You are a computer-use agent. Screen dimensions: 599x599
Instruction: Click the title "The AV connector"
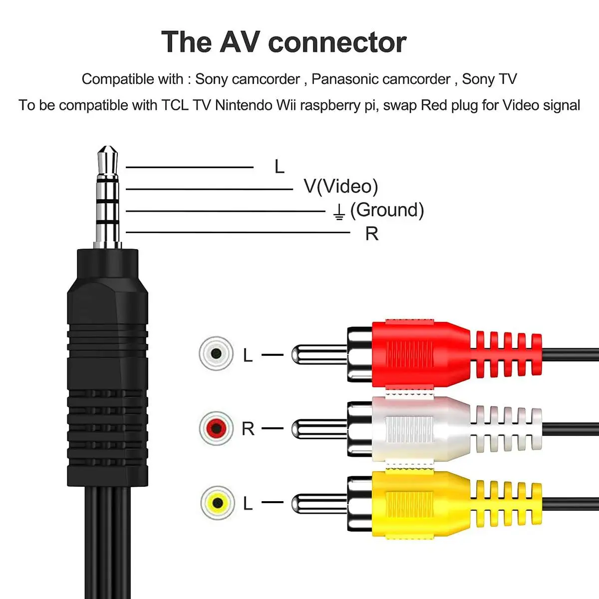tap(284, 42)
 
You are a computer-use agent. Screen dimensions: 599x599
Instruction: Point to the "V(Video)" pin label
tap(341, 186)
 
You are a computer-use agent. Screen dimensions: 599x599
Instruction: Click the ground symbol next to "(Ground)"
tap(339, 212)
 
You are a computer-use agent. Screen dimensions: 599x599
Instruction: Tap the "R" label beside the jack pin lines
tap(372, 234)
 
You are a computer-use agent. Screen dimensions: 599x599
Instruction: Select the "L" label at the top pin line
tap(279, 167)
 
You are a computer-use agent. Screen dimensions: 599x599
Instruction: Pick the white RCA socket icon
tap(216, 353)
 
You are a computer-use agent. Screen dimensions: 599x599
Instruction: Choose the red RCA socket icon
tap(216, 428)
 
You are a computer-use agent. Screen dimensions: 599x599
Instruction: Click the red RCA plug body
tap(419, 353)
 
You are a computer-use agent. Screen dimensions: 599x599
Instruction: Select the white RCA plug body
tap(419, 428)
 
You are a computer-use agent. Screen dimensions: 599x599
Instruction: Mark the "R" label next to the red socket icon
tap(248, 428)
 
